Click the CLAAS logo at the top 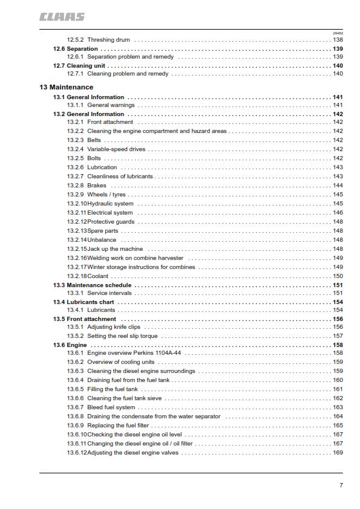[62, 17]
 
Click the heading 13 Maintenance [67, 88]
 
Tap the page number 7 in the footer [341, 485]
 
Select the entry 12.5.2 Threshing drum [100, 40]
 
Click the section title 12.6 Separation [76, 48]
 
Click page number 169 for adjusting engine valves [338, 453]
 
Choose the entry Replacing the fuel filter [118, 426]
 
